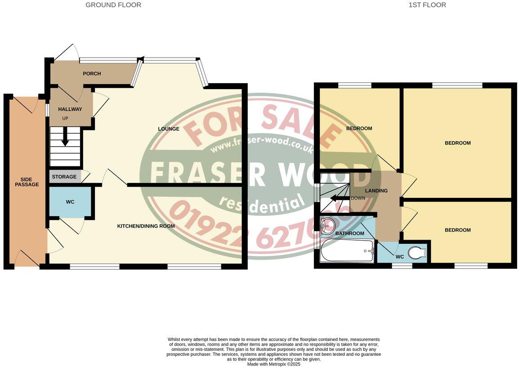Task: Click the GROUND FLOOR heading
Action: click(x=113, y=5)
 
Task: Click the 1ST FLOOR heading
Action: click(x=427, y=5)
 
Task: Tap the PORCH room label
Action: click(x=92, y=74)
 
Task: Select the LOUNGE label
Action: click(x=169, y=129)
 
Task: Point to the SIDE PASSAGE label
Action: click(x=27, y=182)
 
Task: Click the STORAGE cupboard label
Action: click(x=64, y=177)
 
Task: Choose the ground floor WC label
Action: click(x=70, y=202)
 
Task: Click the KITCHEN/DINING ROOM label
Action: click(x=146, y=226)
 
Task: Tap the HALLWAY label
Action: click(x=70, y=109)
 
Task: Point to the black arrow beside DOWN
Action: click(x=337, y=199)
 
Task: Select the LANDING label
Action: click(x=376, y=191)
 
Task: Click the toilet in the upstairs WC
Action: click(x=417, y=253)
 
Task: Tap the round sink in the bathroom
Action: click(x=327, y=224)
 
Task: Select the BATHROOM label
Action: click(x=350, y=233)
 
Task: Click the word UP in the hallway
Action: click(x=65, y=118)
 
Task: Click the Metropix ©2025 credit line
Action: click(x=273, y=364)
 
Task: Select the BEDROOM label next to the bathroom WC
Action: click(x=457, y=230)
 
